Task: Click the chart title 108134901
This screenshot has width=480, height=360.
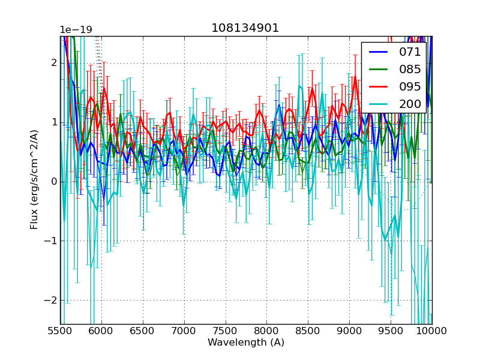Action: tap(245, 28)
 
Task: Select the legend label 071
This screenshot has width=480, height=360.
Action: tap(410, 52)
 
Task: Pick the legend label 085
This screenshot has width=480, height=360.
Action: tap(410, 69)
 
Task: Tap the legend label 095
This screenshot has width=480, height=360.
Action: tap(410, 86)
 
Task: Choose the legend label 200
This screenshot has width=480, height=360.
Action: tap(410, 104)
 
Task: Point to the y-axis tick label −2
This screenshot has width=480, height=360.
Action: tap(51, 301)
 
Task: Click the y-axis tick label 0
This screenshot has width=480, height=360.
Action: tap(53, 182)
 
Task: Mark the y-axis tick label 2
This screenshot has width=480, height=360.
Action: tap(53, 63)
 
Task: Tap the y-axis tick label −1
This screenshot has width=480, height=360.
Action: tap(51, 241)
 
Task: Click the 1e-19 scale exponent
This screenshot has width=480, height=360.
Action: tap(76, 30)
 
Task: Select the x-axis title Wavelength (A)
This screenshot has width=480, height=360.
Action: tap(246, 343)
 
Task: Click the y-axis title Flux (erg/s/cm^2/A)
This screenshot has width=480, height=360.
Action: tap(34, 179)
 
